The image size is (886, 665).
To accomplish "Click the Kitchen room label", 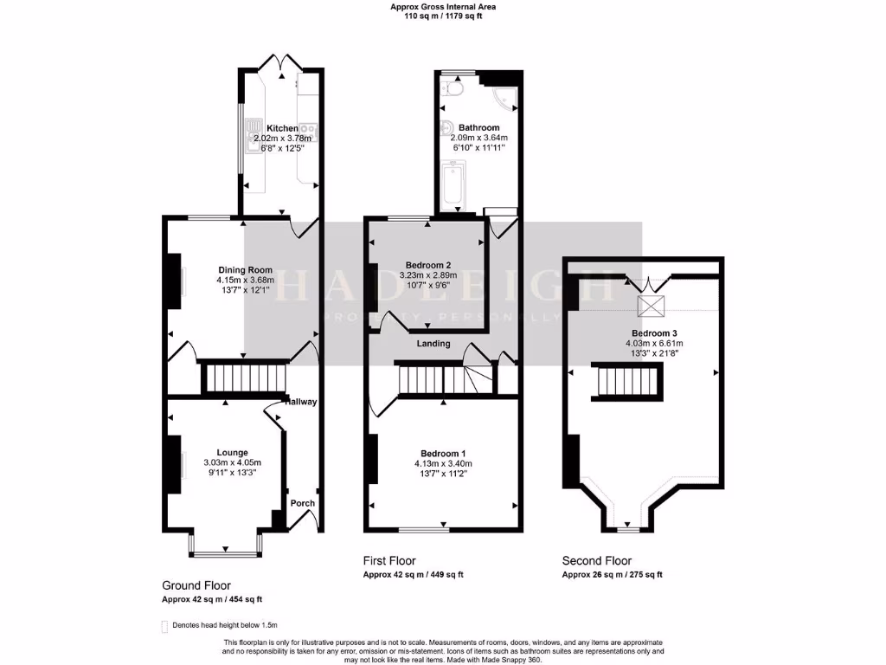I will (282, 128).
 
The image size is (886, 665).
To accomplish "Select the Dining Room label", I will (239, 269).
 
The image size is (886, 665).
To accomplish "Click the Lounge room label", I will (232, 452).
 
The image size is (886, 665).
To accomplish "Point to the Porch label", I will (302, 503).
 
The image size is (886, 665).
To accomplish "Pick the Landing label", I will (433, 344).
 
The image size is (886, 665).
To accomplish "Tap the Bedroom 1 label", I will (443, 453).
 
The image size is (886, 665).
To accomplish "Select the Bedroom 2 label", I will (428, 265).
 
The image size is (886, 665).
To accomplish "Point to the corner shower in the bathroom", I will (504, 98).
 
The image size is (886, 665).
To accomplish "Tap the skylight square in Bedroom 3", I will (648, 305).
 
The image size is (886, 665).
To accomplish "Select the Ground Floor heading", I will (196, 585).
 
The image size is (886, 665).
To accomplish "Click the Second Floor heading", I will (597, 560).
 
